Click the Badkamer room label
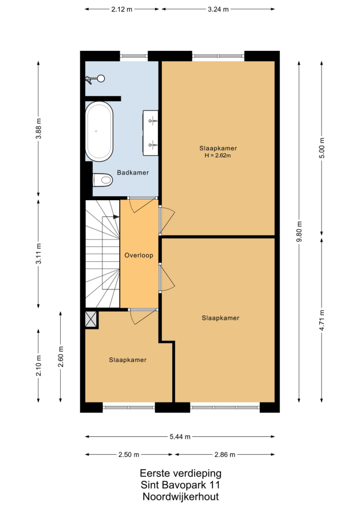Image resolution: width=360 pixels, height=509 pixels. pyautogui.click(x=133, y=173)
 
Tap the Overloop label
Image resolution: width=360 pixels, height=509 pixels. pyautogui.click(x=139, y=256)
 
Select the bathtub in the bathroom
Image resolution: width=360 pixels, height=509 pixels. pyautogui.click(x=99, y=131)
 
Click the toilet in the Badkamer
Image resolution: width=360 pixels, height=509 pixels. pyautogui.click(x=102, y=180)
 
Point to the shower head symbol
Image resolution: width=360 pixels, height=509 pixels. pyautogui.click(x=95, y=78)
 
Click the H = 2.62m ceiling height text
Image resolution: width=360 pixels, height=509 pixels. pyautogui.click(x=217, y=156)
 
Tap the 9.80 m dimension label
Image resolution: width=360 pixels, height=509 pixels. pyautogui.click(x=299, y=232)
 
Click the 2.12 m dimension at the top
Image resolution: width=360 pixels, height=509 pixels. pyautogui.click(x=122, y=9)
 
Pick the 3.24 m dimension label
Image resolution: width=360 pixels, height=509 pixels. pyautogui.click(x=218, y=9)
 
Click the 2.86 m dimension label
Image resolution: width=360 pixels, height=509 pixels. pyautogui.click(x=225, y=455)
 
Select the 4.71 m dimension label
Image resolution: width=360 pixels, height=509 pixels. pyautogui.click(x=322, y=320)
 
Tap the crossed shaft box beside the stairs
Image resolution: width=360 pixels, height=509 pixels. pyautogui.click(x=90, y=319)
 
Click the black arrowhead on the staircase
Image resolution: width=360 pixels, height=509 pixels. pyautogui.click(x=116, y=217)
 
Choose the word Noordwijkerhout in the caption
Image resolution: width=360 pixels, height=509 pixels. pyautogui.click(x=181, y=496)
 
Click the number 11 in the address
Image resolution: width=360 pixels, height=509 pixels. pyautogui.click(x=215, y=485)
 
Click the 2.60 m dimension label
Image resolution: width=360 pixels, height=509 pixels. pyautogui.click(x=61, y=356)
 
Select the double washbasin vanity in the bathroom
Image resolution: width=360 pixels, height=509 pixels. pyautogui.click(x=151, y=133)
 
